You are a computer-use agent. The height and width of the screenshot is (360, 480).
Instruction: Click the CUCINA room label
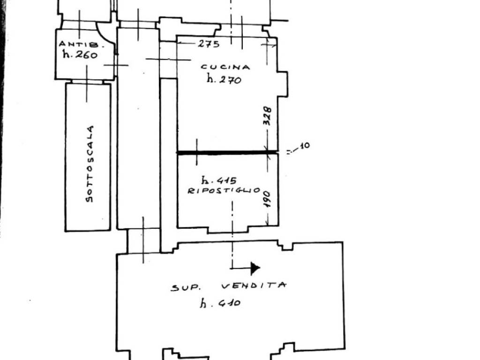tap(225, 67)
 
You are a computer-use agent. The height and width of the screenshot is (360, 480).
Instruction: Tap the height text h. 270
tap(224, 79)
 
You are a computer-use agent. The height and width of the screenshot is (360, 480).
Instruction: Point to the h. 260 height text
tap(80, 54)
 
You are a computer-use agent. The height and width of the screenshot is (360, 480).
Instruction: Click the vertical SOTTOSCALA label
tap(90, 164)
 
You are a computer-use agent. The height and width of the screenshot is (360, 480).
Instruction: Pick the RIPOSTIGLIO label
tap(224, 190)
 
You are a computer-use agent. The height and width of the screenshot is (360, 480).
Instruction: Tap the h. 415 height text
tap(219, 180)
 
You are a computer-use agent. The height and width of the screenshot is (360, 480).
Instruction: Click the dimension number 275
tap(209, 44)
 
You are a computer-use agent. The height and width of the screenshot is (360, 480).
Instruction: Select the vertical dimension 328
tap(267, 116)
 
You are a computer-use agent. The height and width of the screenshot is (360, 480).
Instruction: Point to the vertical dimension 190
tap(267, 199)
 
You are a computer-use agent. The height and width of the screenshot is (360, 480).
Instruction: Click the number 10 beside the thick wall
tap(305, 146)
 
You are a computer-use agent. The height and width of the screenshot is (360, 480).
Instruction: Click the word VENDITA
tap(254, 285)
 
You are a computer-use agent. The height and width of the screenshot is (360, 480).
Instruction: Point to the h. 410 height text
tap(220, 303)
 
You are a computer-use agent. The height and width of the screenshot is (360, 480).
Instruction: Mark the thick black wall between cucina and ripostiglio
tap(227, 152)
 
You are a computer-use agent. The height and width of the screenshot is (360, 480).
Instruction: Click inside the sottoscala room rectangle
tap(88, 157)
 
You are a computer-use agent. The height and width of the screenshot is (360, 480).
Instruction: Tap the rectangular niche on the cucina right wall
tap(283, 84)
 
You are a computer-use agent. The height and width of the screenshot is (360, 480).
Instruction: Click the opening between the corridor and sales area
tap(143, 241)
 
